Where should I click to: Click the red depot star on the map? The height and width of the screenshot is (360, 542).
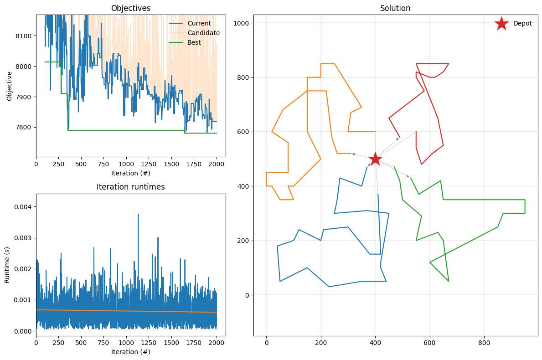coord(375,159)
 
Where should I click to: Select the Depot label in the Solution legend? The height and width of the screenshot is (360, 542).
coord(522,24)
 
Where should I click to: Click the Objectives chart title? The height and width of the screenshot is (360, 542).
coord(131,8)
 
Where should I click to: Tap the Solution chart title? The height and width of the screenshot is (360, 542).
coord(395,8)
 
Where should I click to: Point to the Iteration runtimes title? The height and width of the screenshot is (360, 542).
coord(131,187)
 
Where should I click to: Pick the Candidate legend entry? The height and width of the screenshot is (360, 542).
coord(203,33)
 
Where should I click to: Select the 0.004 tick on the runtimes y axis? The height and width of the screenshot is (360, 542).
coord(23,207)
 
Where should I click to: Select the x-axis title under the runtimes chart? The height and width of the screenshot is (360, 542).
coord(131,352)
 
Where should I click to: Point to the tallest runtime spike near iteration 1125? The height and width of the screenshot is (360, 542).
coord(138,215)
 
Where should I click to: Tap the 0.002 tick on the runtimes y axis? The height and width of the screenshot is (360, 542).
coord(23,269)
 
